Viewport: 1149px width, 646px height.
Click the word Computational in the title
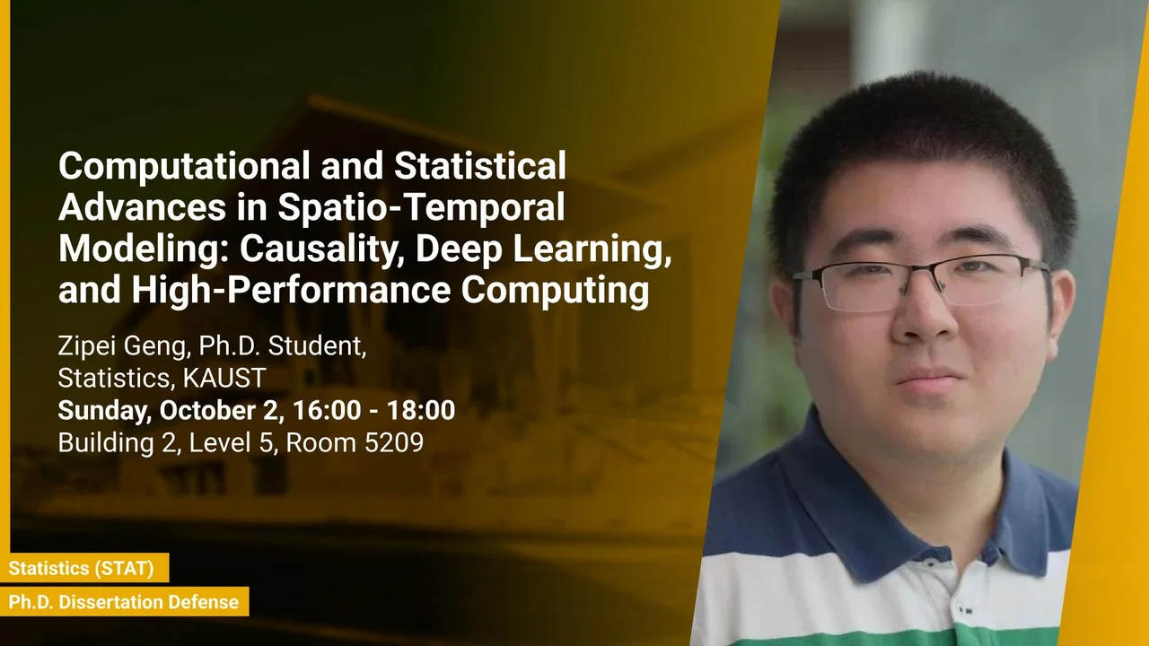point(184,167)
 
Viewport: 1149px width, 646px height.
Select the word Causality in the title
point(320,249)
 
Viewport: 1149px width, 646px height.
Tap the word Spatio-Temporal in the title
point(421,207)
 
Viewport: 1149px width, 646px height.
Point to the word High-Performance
point(291,290)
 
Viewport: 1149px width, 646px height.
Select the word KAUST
point(224,378)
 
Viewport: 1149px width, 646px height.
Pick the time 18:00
point(421,410)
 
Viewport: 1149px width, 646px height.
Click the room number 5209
point(393,442)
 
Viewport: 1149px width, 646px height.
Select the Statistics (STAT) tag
point(81,568)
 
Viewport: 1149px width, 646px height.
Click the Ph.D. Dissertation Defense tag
point(124,602)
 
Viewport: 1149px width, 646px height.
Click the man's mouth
point(929,380)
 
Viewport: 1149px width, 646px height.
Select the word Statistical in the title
point(480,166)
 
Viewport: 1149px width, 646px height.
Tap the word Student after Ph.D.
point(317,346)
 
